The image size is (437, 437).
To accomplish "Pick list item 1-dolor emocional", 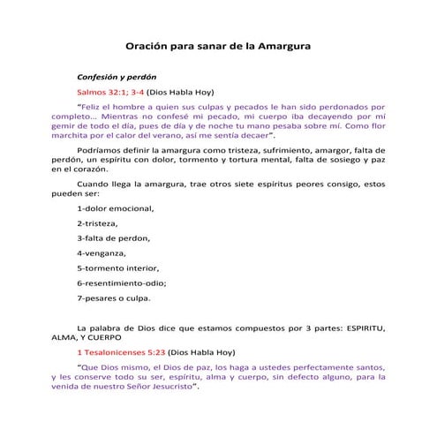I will pos(115,207).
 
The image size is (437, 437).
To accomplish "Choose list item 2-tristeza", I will pos(99,223).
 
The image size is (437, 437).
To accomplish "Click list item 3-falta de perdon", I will pos(113,237).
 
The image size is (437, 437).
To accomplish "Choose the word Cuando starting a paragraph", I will pos(94,184).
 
